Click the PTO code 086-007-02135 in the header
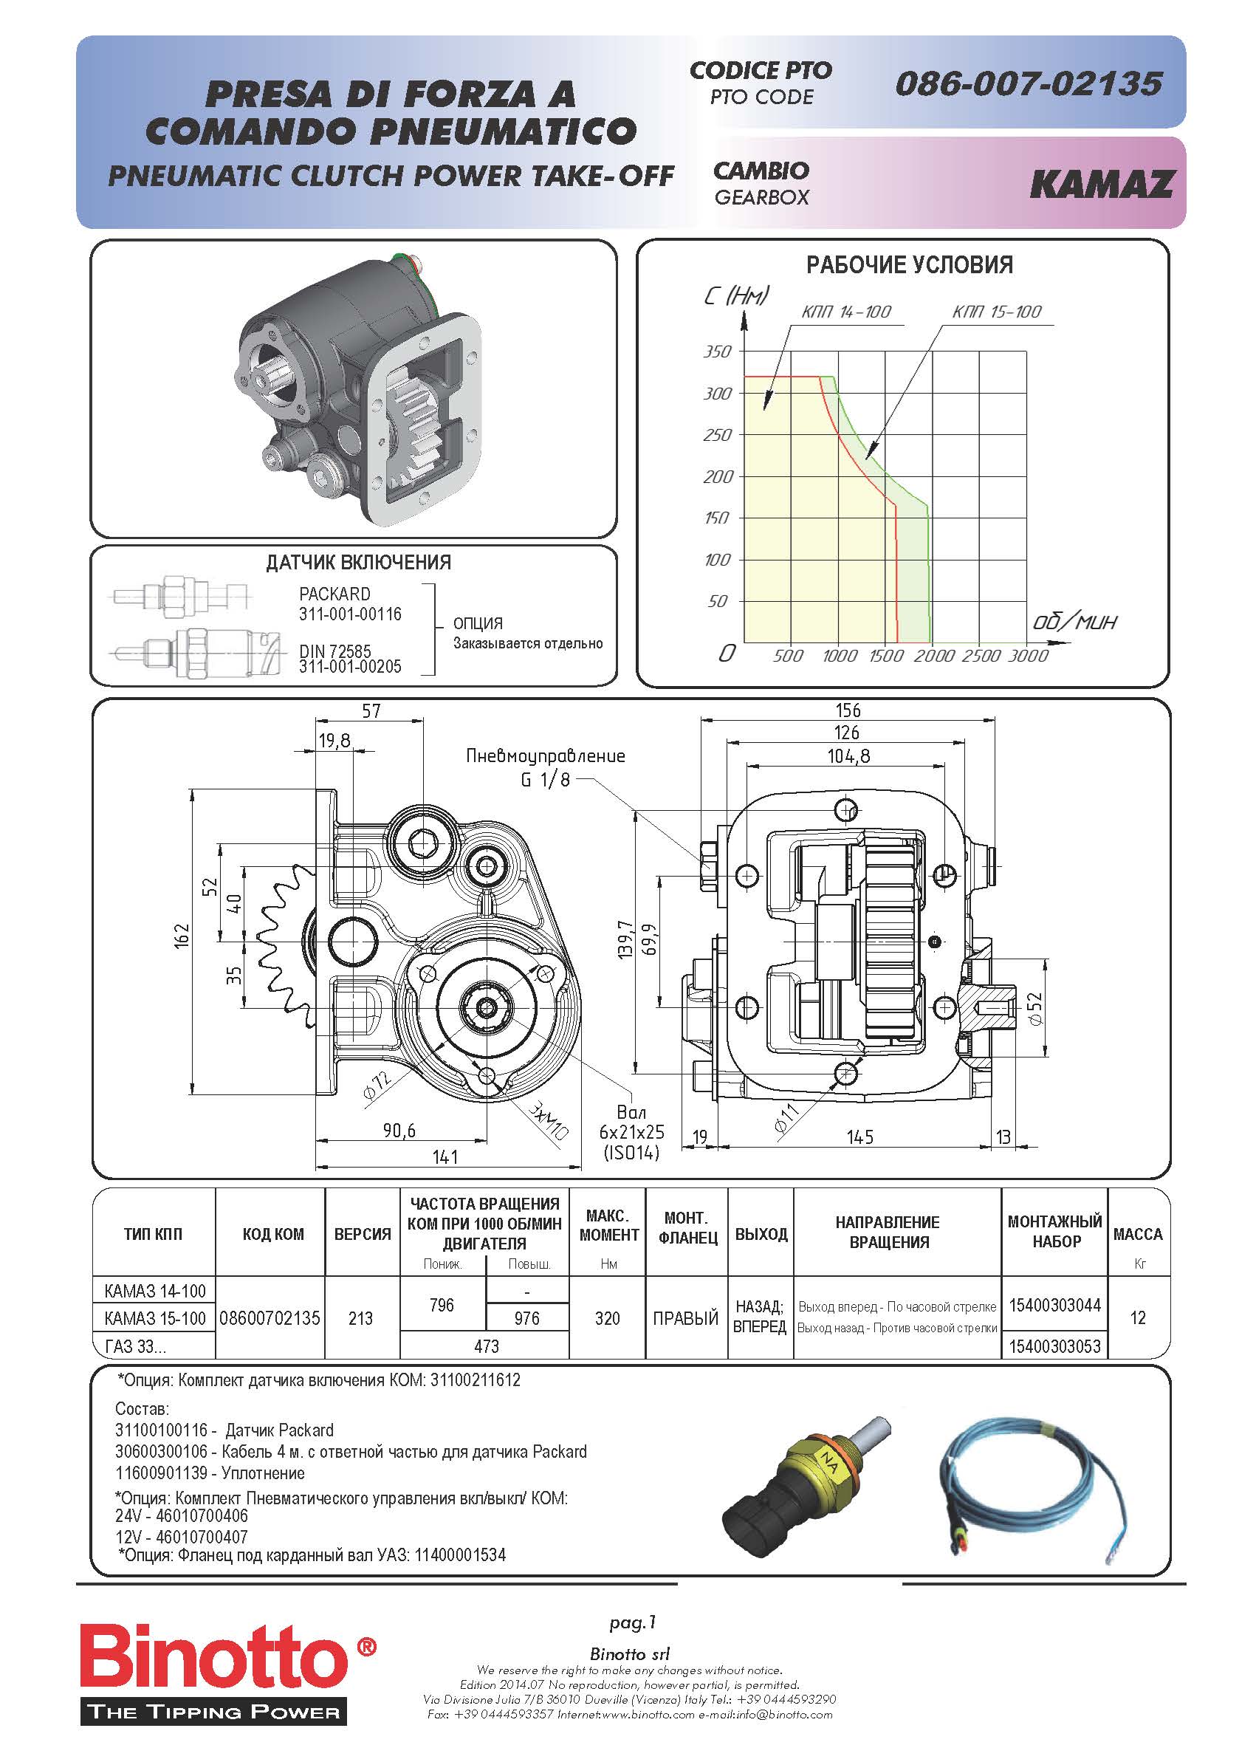1028,83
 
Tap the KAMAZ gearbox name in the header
1102,184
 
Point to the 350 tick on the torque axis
717,352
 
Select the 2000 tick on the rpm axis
934,656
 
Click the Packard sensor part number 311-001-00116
350,614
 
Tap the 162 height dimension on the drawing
181,935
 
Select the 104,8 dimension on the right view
848,755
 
